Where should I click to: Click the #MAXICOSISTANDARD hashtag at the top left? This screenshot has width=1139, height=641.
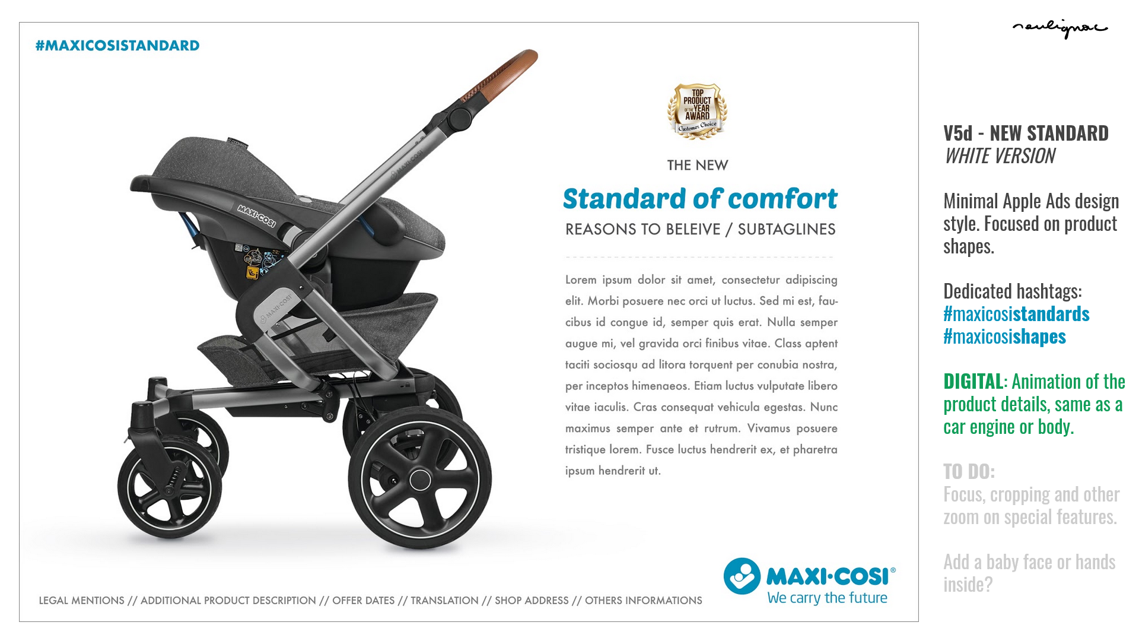(x=117, y=46)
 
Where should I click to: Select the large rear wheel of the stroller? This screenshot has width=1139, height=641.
(x=419, y=478)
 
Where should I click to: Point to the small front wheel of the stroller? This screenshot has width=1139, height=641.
(x=170, y=487)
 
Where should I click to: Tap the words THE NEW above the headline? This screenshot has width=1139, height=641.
(x=698, y=166)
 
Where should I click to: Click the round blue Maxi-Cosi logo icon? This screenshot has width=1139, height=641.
(x=742, y=576)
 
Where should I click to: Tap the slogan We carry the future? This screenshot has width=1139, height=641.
(x=827, y=598)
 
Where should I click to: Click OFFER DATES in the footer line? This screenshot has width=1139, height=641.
(x=363, y=601)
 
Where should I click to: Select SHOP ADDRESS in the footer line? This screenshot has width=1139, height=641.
(x=532, y=601)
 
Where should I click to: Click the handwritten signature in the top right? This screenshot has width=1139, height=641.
(x=1060, y=28)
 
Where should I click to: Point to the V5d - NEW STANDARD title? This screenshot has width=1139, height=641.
(x=1026, y=133)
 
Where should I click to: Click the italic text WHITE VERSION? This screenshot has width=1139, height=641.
(x=1000, y=156)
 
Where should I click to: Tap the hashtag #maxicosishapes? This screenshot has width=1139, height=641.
(x=1004, y=337)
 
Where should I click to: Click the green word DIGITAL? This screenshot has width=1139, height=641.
(x=973, y=381)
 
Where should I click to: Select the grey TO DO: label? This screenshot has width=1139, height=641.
(x=969, y=471)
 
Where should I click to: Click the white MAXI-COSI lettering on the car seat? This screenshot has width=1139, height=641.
(x=256, y=215)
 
